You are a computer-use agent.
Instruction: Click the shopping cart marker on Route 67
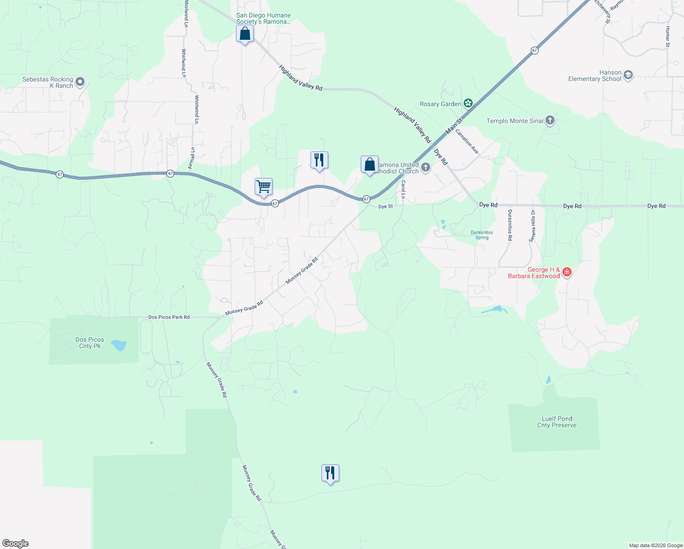263,187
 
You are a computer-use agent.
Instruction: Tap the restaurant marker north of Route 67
319,160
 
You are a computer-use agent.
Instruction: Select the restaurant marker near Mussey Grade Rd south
330,473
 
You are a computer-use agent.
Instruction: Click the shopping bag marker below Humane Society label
245,33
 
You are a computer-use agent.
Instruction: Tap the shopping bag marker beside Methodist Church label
369,164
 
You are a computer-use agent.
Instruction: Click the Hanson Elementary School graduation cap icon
628,75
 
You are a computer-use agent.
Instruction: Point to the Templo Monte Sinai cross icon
550,121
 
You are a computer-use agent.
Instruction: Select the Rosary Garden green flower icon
468,103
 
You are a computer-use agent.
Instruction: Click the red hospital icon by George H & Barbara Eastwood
567,272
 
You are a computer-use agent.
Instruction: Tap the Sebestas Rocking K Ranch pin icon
80,82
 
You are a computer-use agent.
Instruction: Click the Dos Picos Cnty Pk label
90,343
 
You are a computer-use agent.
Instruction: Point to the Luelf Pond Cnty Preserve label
556,422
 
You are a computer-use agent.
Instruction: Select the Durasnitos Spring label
482,235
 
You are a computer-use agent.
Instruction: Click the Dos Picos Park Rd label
169,317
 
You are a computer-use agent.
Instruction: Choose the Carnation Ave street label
467,141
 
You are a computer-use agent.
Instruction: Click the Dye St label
385,207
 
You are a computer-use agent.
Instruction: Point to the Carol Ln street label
403,189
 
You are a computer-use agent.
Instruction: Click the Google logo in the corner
16,544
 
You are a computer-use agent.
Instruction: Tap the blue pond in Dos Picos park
119,345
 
